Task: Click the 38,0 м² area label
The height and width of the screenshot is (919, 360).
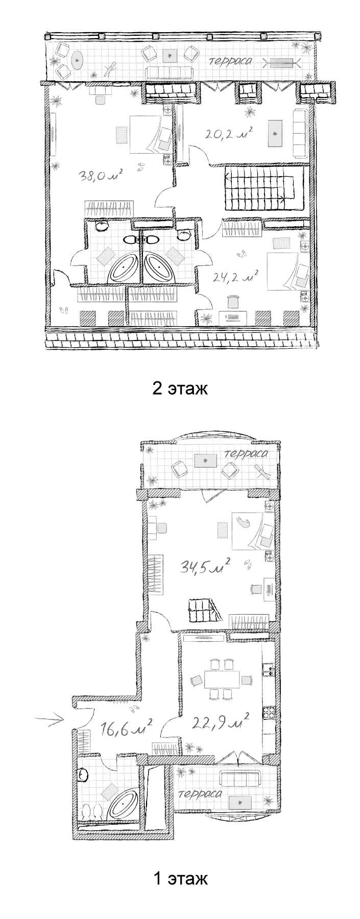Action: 101,176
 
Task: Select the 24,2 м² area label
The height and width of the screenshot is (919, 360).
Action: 235,277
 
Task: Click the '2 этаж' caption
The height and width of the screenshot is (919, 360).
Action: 180,389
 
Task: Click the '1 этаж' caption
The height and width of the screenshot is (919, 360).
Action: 180,879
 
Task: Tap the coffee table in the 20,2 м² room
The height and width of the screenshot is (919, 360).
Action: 276,133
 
